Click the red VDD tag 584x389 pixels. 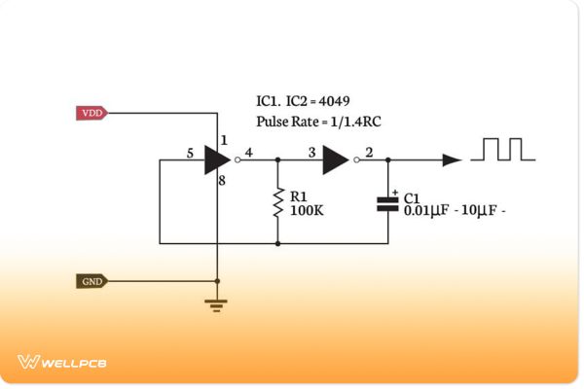pyautogui.click(x=91, y=113)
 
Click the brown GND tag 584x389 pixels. pyautogui.click(x=91, y=281)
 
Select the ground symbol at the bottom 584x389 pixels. pyautogui.click(x=217, y=304)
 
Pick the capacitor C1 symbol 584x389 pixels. pyautogui.click(x=388, y=203)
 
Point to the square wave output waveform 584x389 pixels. pyautogui.click(x=503, y=149)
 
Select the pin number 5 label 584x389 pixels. pyautogui.click(x=190, y=152)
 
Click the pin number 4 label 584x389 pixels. pyautogui.click(x=249, y=152)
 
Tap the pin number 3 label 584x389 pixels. pyautogui.click(x=310, y=152)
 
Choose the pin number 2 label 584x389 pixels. pyautogui.click(x=367, y=152)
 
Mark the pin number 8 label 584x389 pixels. pyautogui.click(x=223, y=181)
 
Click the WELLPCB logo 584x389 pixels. pyautogui.click(x=61, y=362)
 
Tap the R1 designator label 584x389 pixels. pyautogui.click(x=298, y=196)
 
